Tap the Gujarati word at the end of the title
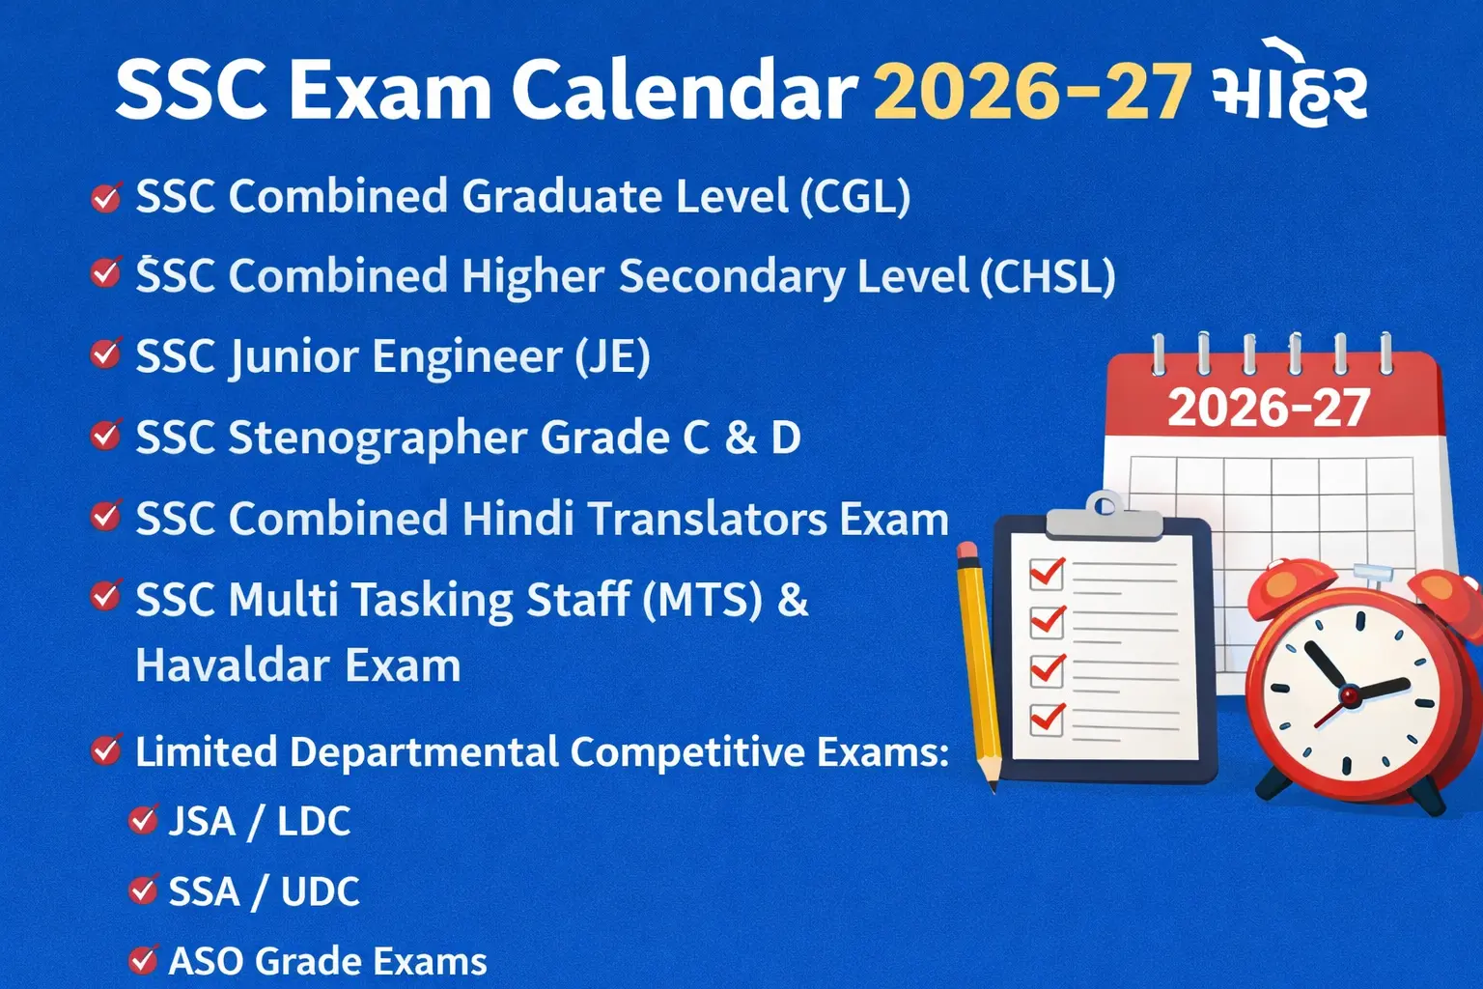(x=1289, y=92)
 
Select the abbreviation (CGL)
(x=855, y=197)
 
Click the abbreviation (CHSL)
(x=1048, y=277)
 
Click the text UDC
(x=320, y=891)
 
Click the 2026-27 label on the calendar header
(x=1269, y=409)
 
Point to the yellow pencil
(x=977, y=666)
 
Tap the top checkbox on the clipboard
(x=1047, y=574)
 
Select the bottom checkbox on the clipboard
(x=1047, y=719)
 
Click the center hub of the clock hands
(x=1350, y=694)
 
